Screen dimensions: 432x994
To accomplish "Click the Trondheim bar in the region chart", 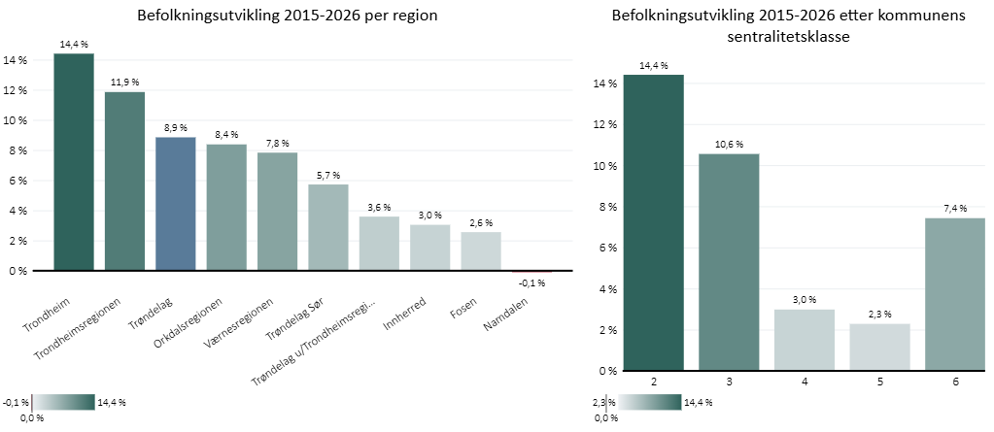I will [74, 162].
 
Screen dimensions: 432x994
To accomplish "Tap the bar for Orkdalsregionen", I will [226, 208].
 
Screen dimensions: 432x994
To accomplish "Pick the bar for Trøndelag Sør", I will [327, 227].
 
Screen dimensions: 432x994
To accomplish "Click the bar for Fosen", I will [481, 251].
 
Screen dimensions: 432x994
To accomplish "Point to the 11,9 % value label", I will [124, 82].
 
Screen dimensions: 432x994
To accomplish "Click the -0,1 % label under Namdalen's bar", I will [531, 283].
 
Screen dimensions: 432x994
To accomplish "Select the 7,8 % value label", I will [277, 143].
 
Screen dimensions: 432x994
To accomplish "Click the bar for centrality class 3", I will [728, 262].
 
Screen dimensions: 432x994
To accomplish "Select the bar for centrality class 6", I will [956, 294].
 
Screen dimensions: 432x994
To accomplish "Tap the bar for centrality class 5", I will [880, 347].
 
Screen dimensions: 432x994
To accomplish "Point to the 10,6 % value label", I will [728, 144].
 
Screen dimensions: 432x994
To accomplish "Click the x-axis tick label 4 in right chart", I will [805, 382].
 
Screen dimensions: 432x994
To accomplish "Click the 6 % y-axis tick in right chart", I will [605, 248].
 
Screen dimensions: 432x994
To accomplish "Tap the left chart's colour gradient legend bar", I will [64, 402].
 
